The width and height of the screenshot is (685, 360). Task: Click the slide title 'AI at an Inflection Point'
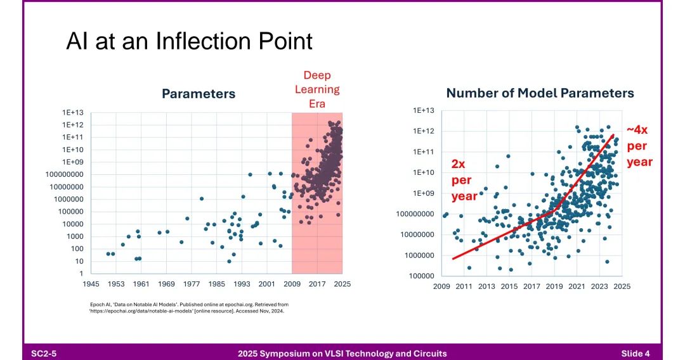pyautogui.click(x=189, y=42)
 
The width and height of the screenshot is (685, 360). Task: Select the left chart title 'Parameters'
pyautogui.click(x=199, y=94)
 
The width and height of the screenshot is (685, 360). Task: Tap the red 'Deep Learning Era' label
pyautogui.click(x=316, y=89)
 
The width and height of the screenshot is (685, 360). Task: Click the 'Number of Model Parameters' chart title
pyautogui.click(x=540, y=93)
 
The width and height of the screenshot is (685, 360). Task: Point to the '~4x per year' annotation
pyautogui.click(x=639, y=146)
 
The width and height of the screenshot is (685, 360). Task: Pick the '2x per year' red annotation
pyautogui.click(x=464, y=180)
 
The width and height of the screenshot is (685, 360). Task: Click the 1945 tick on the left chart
pyautogui.click(x=91, y=284)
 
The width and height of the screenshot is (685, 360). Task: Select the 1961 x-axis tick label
pyautogui.click(x=141, y=284)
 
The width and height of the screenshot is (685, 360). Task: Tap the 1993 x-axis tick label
pyautogui.click(x=242, y=284)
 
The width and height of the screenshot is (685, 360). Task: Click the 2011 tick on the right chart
pyautogui.click(x=464, y=286)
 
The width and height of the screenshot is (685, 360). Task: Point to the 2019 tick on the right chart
pyautogui.click(x=554, y=286)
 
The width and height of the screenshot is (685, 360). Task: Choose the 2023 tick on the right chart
pyautogui.click(x=599, y=286)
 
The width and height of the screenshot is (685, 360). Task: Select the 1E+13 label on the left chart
pyautogui.click(x=73, y=113)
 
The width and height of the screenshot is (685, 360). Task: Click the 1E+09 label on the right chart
pyautogui.click(x=424, y=193)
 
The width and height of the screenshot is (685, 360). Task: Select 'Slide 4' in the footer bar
pyautogui.click(x=635, y=353)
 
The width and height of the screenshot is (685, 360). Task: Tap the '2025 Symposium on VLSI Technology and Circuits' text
pyautogui.click(x=342, y=353)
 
